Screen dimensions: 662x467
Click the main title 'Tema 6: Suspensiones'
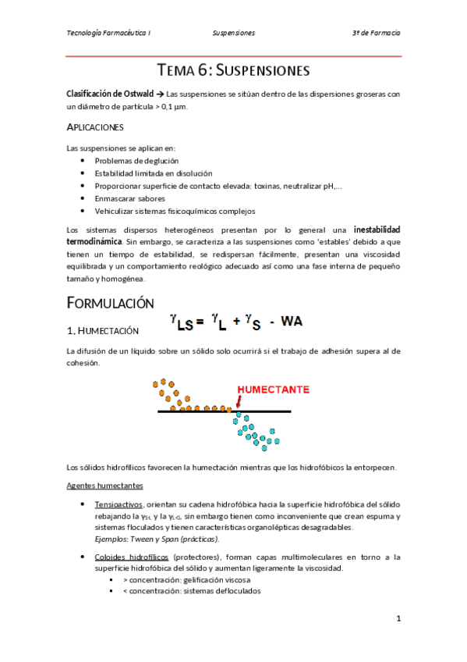(x=233, y=70)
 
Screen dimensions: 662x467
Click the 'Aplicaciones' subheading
(x=95, y=126)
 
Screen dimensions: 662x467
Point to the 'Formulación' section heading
(x=111, y=303)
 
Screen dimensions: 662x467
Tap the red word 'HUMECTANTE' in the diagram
(x=272, y=388)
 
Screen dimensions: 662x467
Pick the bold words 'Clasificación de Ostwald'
(x=115, y=94)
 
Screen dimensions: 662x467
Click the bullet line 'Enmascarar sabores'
(x=129, y=198)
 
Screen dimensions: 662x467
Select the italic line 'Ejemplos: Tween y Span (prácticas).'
(x=157, y=539)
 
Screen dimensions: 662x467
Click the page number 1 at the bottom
(x=398, y=619)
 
